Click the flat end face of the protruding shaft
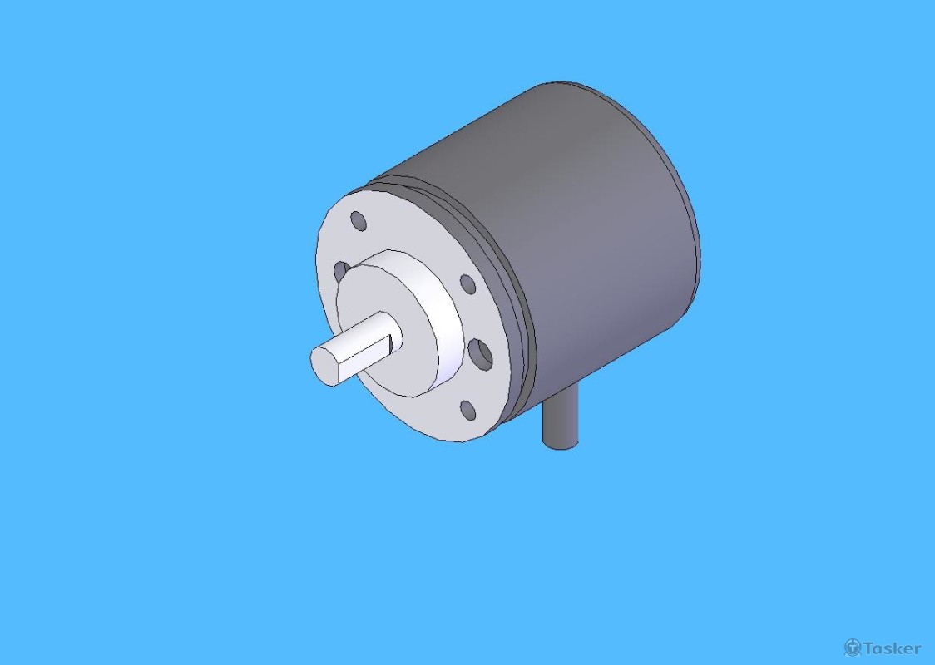point(324,364)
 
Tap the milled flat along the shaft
point(364,357)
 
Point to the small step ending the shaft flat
point(391,343)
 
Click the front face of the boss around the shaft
point(388,325)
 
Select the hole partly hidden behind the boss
point(340,271)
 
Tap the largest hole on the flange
point(480,354)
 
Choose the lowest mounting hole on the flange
point(468,410)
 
